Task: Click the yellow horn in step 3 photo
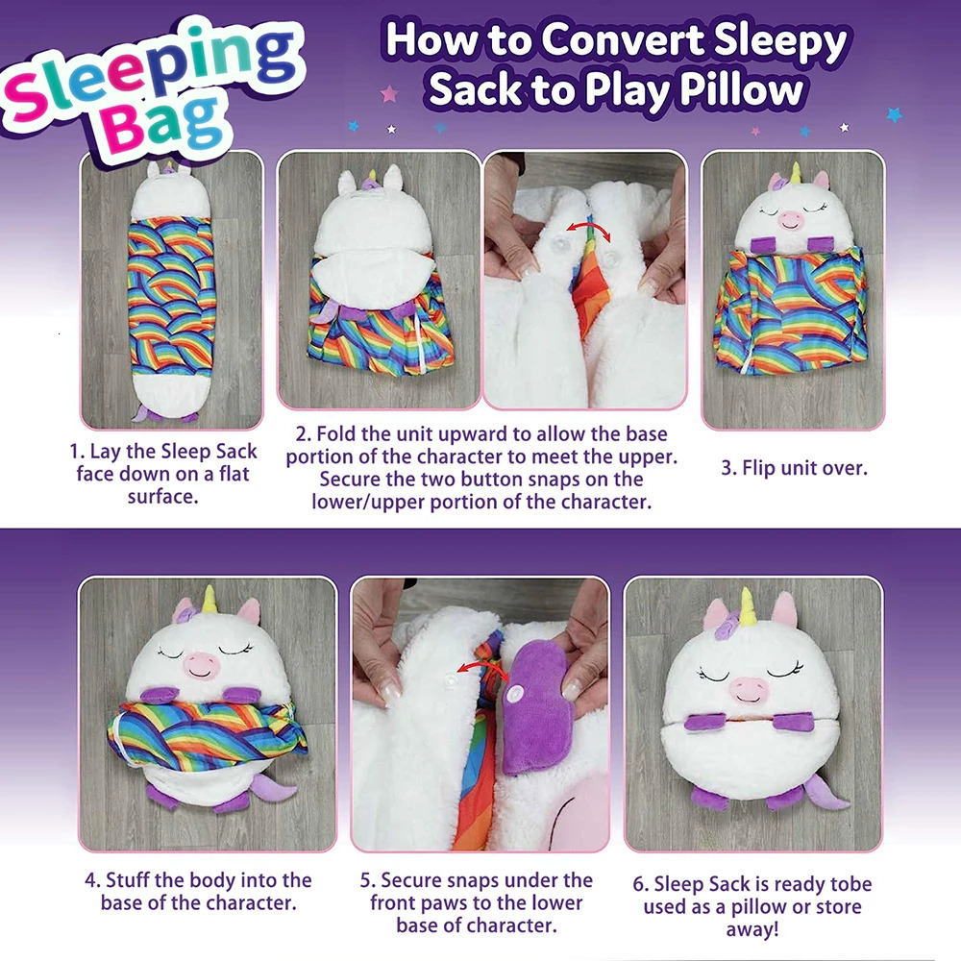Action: pyautogui.click(x=795, y=173)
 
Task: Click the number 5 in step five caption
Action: pyautogui.click(x=366, y=880)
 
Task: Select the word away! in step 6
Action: pyautogui.click(x=751, y=929)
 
